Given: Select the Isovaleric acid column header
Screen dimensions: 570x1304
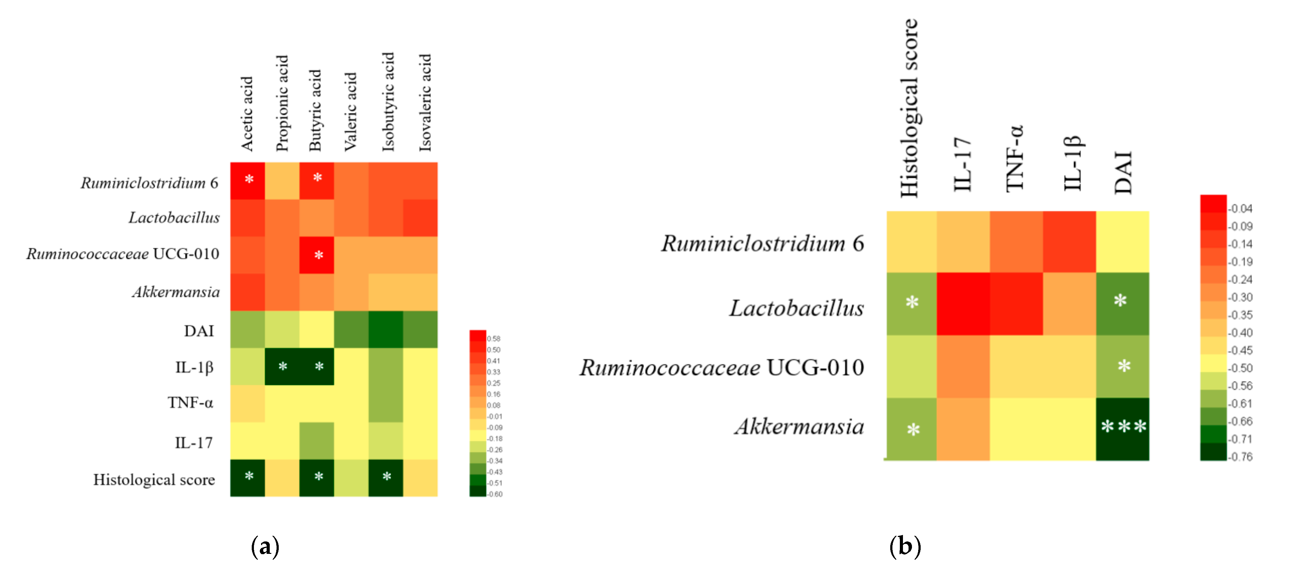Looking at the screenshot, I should (425, 103).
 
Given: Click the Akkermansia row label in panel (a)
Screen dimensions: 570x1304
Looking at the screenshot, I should (176, 292).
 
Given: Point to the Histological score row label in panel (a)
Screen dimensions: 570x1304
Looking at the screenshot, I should (154, 479).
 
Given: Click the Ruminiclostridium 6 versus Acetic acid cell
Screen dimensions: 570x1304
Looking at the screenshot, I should (247, 181).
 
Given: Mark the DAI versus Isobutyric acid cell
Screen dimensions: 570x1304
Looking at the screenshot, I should (386, 329).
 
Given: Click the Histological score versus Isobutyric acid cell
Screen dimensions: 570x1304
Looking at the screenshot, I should (386, 478).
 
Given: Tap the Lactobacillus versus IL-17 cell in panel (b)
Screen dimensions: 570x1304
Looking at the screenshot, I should (963, 304).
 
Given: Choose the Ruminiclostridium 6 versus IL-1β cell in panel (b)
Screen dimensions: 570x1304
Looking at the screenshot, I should (1069, 242).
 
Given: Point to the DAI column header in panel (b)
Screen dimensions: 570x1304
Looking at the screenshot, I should (1123, 172).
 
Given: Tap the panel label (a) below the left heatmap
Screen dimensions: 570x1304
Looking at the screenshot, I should (265, 547).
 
